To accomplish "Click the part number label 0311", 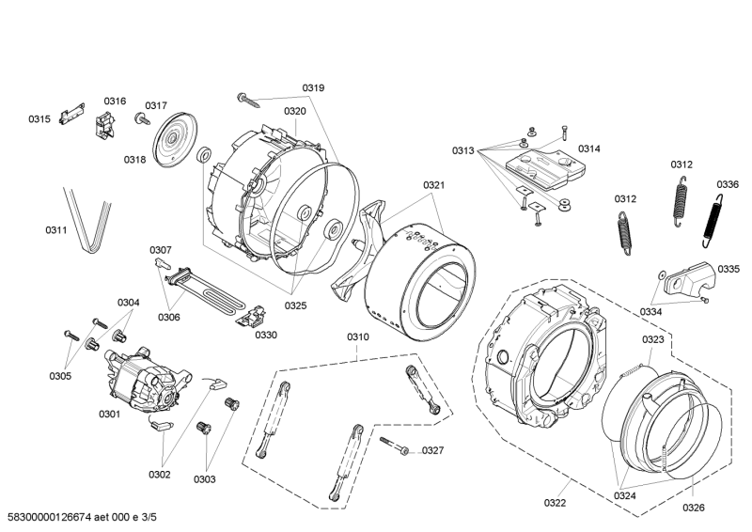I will pos(56,229).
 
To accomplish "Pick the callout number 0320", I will pos(295,111).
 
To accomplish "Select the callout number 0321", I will pos(433,185).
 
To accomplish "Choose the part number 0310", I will pos(358,337).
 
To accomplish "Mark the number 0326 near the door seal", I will pos(693,509).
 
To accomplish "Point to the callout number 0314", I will pos(589,149).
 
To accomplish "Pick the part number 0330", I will pos(266,335).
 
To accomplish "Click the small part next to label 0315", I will pos(65,116).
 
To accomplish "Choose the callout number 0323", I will pos(653,339).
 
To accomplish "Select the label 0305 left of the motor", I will pos(60,376).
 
